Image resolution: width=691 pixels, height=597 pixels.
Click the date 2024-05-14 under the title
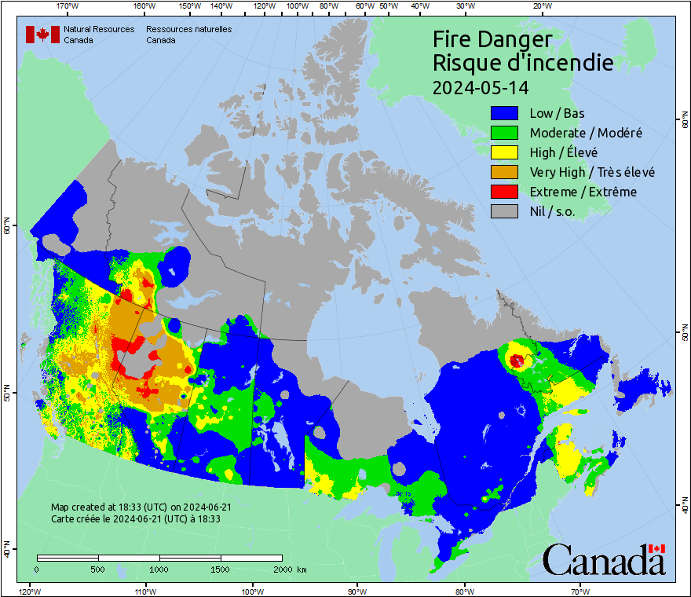point(481,86)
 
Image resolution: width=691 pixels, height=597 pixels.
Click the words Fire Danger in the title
point(492,39)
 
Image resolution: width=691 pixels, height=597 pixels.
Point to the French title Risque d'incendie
point(523,63)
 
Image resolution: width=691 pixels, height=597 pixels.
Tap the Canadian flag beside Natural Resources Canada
point(42,35)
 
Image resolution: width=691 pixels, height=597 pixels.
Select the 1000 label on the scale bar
point(159,569)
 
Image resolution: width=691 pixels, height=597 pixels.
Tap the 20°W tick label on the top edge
point(540,6)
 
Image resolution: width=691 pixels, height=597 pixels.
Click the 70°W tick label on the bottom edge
point(580,591)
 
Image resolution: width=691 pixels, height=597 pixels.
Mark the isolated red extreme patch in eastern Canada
point(517,361)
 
